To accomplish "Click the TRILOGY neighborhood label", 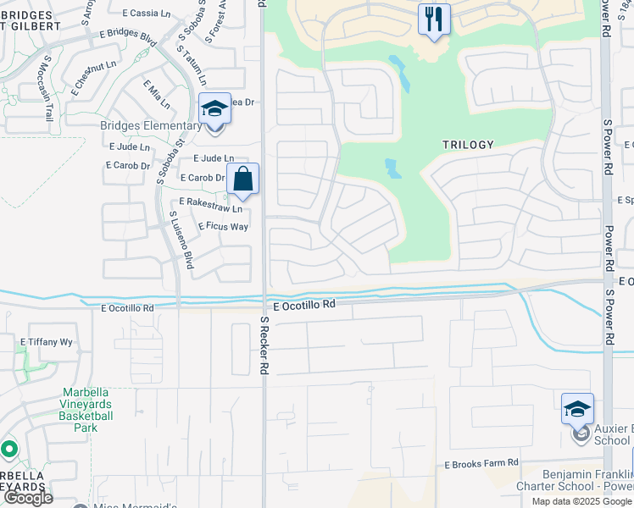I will pyautogui.click(x=468, y=145).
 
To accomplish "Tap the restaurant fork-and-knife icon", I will pyautogui.click(x=434, y=19).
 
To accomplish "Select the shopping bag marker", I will pyautogui.click(x=242, y=179).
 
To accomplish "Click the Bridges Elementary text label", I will pyautogui.click(x=151, y=126).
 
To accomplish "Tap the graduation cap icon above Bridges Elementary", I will pyautogui.click(x=214, y=109).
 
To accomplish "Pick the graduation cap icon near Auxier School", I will pyautogui.click(x=577, y=409).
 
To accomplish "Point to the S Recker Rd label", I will pyautogui.click(x=264, y=345).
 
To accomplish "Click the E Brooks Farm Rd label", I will pyautogui.click(x=481, y=466).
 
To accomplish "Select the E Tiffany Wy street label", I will pyautogui.click(x=47, y=342).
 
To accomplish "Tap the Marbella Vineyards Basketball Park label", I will pyautogui.click(x=87, y=410).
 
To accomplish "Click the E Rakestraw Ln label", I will pyautogui.click(x=210, y=204).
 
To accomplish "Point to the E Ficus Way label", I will pyautogui.click(x=223, y=227).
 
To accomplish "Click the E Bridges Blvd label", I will pyautogui.click(x=128, y=37).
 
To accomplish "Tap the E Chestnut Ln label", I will pyautogui.click(x=94, y=65).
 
